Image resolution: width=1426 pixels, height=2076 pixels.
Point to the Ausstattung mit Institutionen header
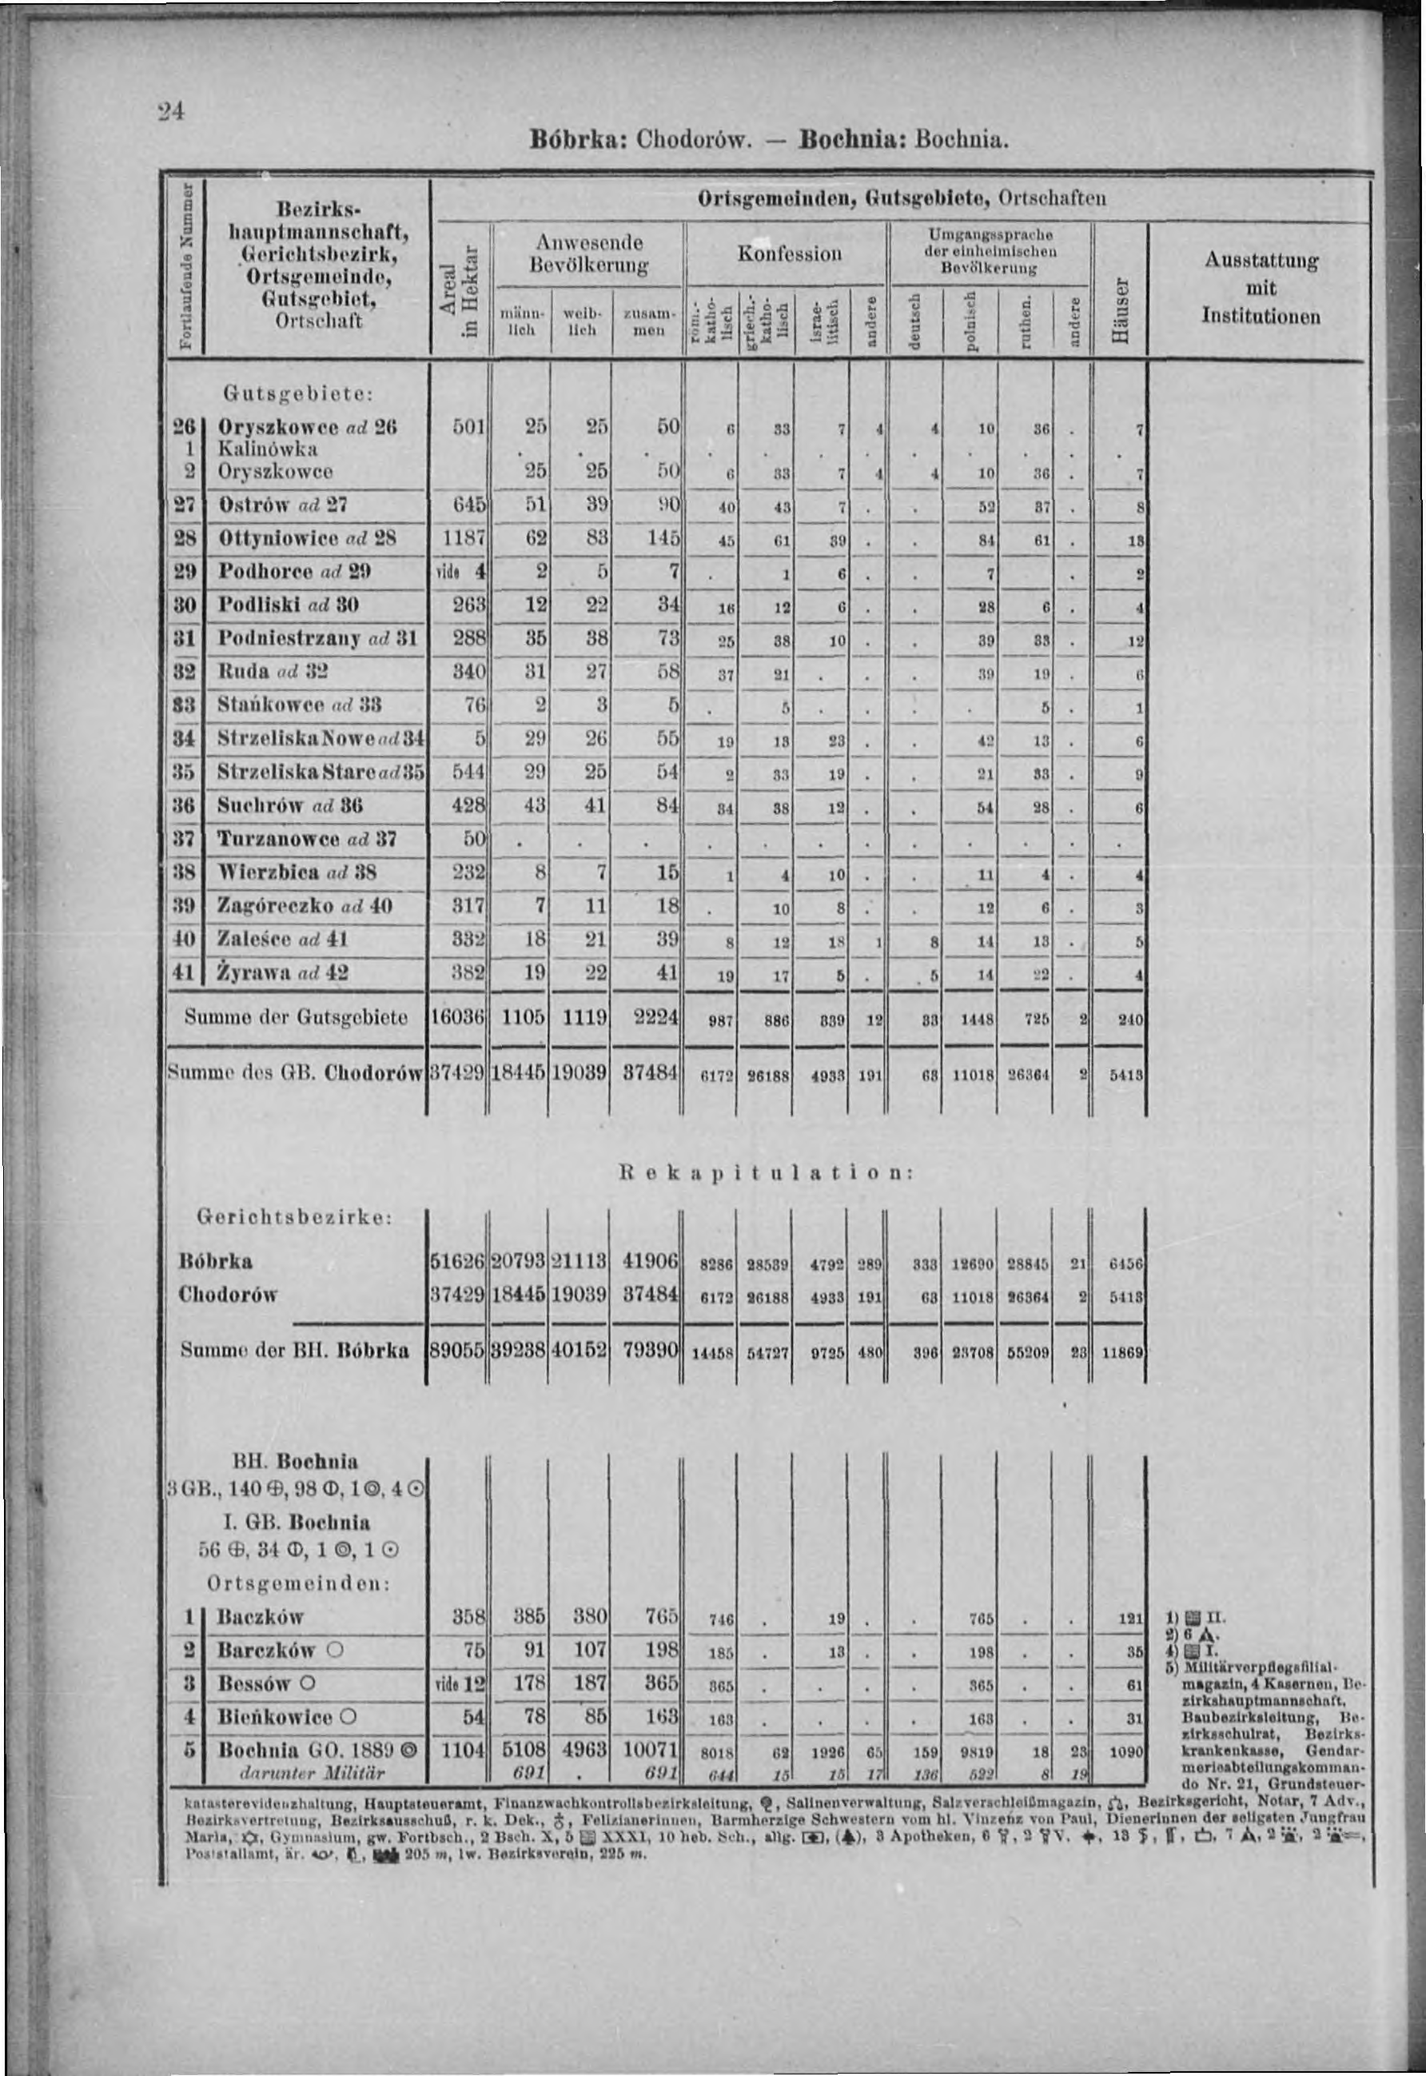click(1261, 288)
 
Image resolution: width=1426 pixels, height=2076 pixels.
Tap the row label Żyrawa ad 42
click(283, 972)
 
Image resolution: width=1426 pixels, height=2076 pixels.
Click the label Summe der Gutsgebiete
click(296, 1017)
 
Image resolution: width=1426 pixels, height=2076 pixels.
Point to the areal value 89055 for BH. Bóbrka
click(457, 1351)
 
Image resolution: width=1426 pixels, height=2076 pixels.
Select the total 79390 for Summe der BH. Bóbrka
click(650, 1351)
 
